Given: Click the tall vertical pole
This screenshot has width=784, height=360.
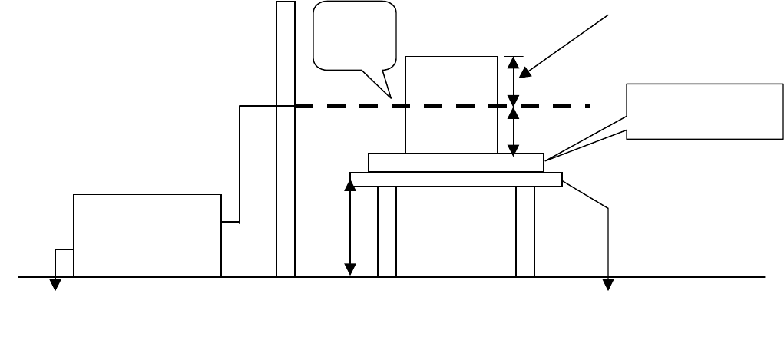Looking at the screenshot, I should (285, 192).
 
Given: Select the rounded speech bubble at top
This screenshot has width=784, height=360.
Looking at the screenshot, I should (356, 35).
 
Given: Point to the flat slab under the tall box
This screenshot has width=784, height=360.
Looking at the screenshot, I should (456, 162).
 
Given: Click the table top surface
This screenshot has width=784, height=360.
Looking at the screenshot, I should (456, 179).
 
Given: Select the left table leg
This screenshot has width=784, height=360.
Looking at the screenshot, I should (387, 230).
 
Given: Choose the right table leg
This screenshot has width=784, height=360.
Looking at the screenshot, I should (525, 230).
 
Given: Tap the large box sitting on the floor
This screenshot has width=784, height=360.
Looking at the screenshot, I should (147, 235).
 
